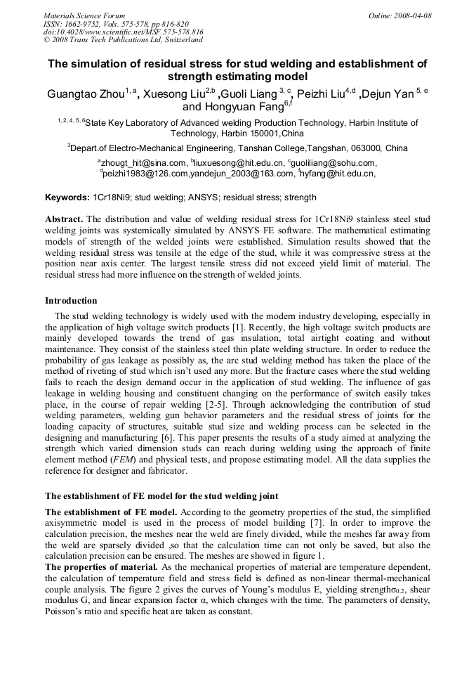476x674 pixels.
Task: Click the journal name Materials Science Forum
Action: coord(84,15)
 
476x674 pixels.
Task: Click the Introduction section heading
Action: coord(71,301)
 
